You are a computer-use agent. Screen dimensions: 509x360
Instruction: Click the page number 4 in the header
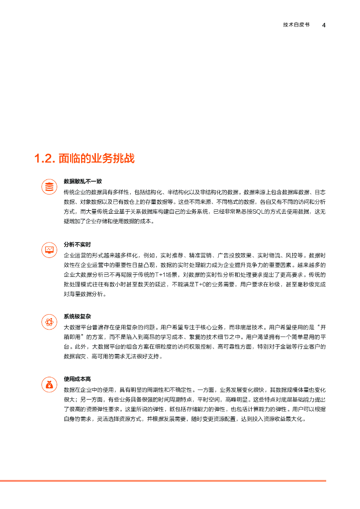324,25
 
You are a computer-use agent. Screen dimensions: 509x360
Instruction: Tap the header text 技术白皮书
296,25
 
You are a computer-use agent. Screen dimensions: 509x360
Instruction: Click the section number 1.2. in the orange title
44,159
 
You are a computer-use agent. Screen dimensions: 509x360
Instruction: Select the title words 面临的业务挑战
96,159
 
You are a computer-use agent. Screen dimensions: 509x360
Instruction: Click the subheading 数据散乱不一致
83,181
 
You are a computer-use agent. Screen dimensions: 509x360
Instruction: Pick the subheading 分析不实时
77,245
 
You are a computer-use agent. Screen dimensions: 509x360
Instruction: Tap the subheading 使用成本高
77,380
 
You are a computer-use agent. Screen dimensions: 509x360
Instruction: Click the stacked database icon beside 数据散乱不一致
49,187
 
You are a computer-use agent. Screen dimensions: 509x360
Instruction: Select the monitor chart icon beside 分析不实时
49,250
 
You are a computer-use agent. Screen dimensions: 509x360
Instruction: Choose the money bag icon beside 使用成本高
49,385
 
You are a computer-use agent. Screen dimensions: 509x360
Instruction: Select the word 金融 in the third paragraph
273,347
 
